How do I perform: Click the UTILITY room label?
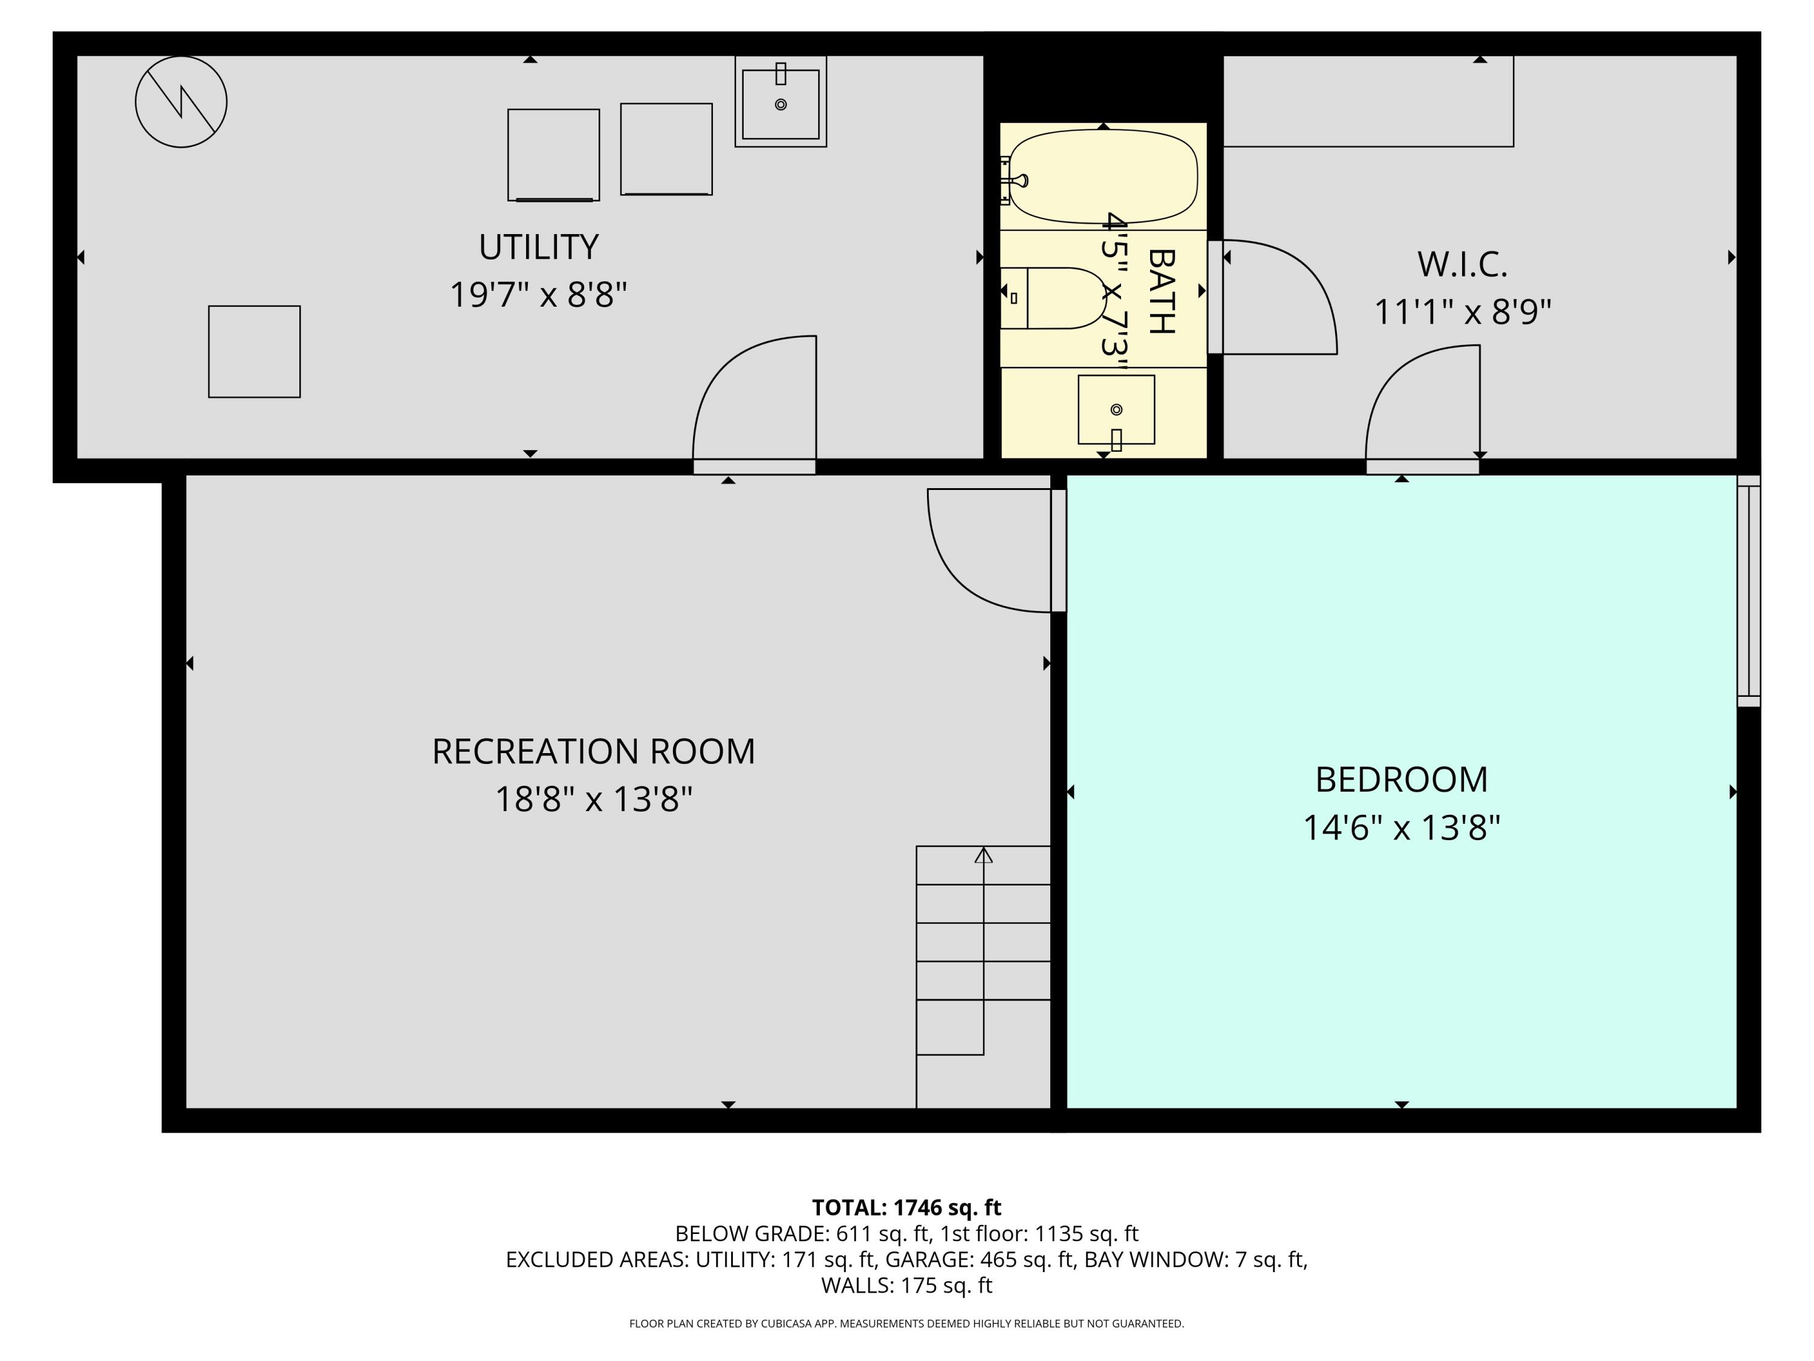tap(538, 247)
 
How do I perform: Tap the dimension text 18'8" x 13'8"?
tap(593, 799)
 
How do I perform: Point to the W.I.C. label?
tap(1462, 264)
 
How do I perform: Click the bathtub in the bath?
tap(1103, 177)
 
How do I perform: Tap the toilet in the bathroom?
tap(1058, 298)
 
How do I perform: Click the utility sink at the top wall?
tap(780, 103)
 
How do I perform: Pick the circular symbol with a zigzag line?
tap(181, 102)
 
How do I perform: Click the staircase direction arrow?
tap(983, 856)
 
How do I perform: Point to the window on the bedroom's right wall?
tap(1749, 590)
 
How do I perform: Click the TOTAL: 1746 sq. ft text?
tap(906, 1207)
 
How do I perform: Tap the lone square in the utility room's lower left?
tap(254, 352)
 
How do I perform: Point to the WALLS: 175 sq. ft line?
tap(906, 1285)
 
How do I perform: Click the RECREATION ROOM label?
tap(593, 751)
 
